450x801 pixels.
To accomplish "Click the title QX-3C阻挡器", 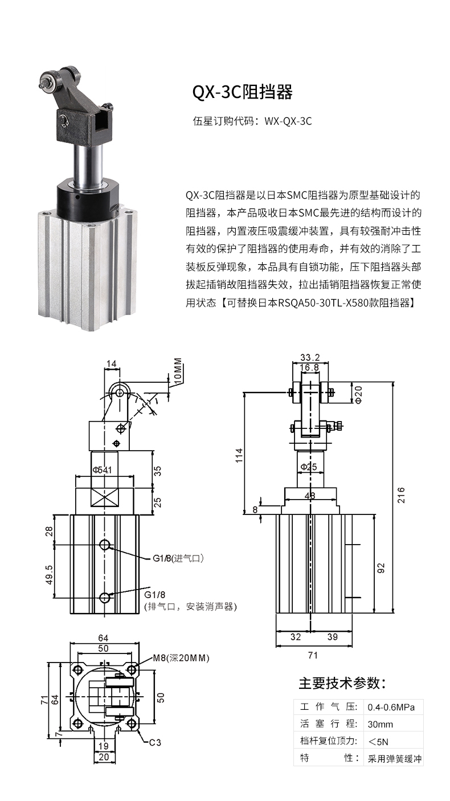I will pyautogui.click(x=242, y=92).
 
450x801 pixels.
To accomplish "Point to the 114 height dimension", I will pyautogui.click(x=239, y=455).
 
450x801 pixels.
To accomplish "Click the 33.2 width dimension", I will pyautogui.click(x=309, y=358).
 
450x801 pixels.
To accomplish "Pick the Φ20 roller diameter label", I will pyautogui.click(x=358, y=394).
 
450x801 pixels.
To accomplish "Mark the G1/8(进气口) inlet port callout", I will pyautogui.click(x=178, y=558).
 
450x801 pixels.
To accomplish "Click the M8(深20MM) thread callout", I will pyautogui.click(x=181, y=658).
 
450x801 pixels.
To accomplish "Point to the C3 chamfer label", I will pyautogui.click(x=155, y=743).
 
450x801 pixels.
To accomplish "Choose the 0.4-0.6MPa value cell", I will pyautogui.click(x=391, y=707).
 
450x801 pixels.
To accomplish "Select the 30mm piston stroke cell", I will pyautogui.click(x=381, y=724).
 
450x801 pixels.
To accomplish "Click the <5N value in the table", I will pyautogui.click(x=378, y=741).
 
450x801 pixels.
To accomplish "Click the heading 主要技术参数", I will pyautogui.click(x=343, y=683).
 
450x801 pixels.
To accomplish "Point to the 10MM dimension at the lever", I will pyautogui.click(x=177, y=371).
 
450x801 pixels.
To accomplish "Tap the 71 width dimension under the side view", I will pyautogui.click(x=312, y=655).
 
